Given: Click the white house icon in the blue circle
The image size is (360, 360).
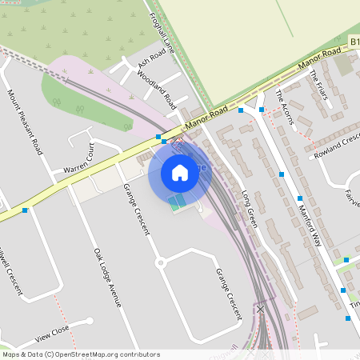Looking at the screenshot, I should (180, 172).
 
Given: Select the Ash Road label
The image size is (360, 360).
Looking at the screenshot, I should (151, 58).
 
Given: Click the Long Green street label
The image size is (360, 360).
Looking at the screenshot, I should (248, 208).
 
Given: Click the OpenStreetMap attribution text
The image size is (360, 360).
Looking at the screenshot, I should (70, 354).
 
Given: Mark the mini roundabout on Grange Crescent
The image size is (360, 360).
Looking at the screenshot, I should (159, 262).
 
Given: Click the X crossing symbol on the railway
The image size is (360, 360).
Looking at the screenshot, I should (260, 307).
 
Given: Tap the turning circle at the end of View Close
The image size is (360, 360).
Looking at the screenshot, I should (90, 321).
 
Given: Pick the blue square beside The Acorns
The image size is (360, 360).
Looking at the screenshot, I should (262, 109).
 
